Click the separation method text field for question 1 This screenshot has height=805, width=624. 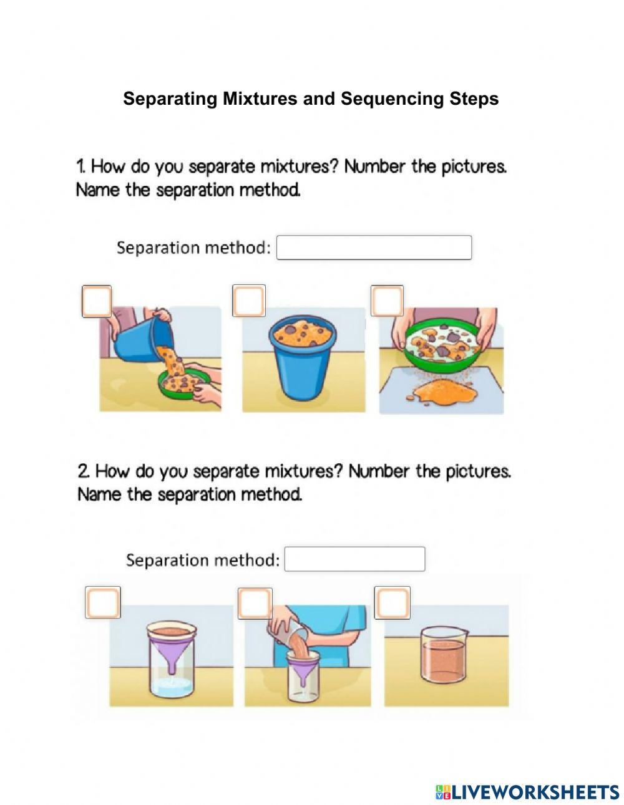coord(374,248)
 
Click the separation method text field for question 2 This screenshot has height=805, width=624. coord(354,559)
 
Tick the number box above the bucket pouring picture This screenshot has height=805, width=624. coord(97,302)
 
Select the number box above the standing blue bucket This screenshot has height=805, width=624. coord(249,301)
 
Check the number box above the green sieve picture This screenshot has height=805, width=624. coord(387,301)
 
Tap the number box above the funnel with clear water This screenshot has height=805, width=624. coord(103,603)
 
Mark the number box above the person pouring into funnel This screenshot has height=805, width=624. coord(255,603)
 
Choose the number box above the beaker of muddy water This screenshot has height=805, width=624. coord(392,603)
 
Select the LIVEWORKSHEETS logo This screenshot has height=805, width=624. coord(527,792)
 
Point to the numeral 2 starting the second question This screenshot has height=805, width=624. coord(82,471)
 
